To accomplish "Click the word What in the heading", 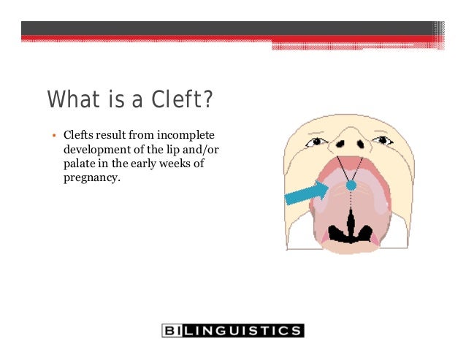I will pyautogui.click(x=70, y=99).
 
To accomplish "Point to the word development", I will pyautogui.click(x=96, y=150).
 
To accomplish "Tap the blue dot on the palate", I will pyautogui.click(x=351, y=185).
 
